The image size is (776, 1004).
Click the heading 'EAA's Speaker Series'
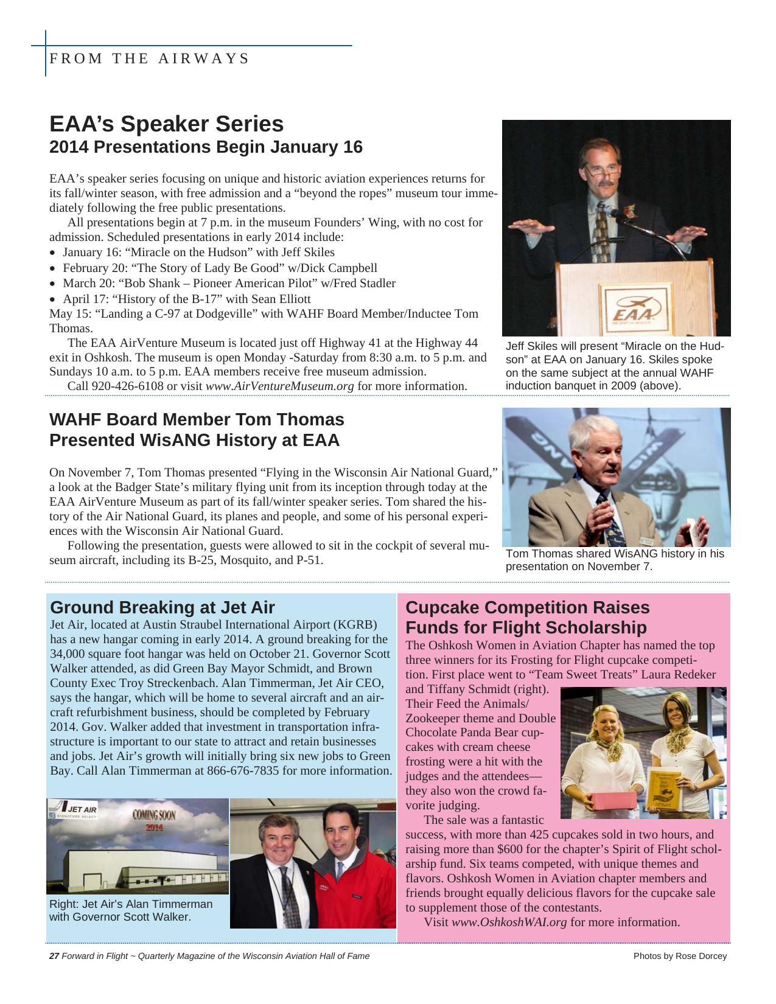click(166, 124)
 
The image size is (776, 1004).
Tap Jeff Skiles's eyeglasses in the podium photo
click(603, 170)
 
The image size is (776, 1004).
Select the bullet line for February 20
click(220, 268)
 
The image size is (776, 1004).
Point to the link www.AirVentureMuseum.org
click(279, 386)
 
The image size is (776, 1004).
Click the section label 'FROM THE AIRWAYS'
click(149, 58)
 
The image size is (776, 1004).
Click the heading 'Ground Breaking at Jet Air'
click(163, 607)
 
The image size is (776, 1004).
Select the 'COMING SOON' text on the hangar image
click(154, 815)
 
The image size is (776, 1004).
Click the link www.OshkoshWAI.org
click(509, 922)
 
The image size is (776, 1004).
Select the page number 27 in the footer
click(54, 956)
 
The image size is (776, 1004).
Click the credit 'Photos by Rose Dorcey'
click(680, 956)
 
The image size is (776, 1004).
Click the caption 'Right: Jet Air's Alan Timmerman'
click(131, 904)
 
